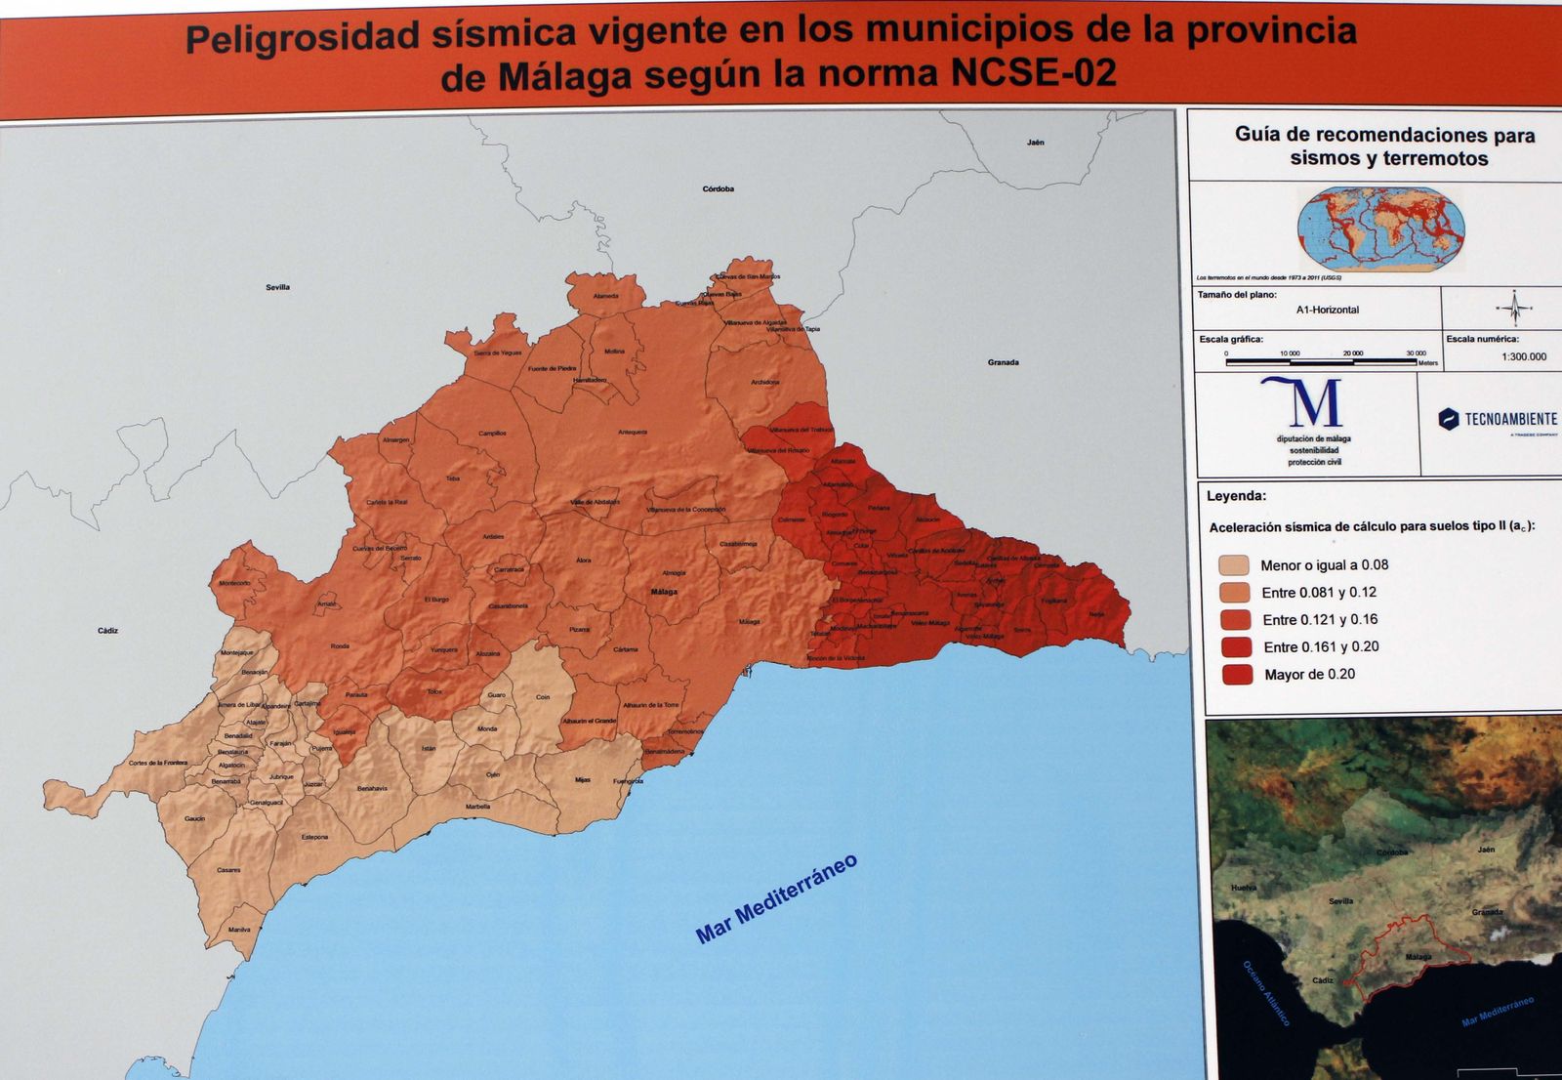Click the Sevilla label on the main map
pyautogui.click(x=278, y=287)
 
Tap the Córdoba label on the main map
pyautogui.click(x=719, y=188)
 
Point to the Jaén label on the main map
pyautogui.click(x=1036, y=143)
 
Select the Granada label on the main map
pyautogui.click(x=1003, y=362)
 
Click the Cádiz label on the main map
pyautogui.click(x=107, y=631)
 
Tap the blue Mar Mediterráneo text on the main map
pyautogui.click(x=777, y=898)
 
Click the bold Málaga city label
pyautogui.click(x=664, y=592)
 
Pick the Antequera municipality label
pyautogui.click(x=633, y=432)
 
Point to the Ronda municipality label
pyautogui.click(x=340, y=646)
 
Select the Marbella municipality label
pyautogui.click(x=478, y=807)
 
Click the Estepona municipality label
pyautogui.click(x=314, y=837)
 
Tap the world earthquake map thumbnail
pyautogui.click(x=1380, y=228)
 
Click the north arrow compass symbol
pyautogui.click(x=1514, y=309)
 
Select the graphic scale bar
pyautogui.click(x=1321, y=361)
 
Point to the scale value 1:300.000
pyautogui.click(x=1524, y=356)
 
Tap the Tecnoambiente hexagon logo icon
pyautogui.click(x=1449, y=419)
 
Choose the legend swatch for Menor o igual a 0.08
pyautogui.click(x=1234, y=565)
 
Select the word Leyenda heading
pyautogui.click(x=1236, y=496)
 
